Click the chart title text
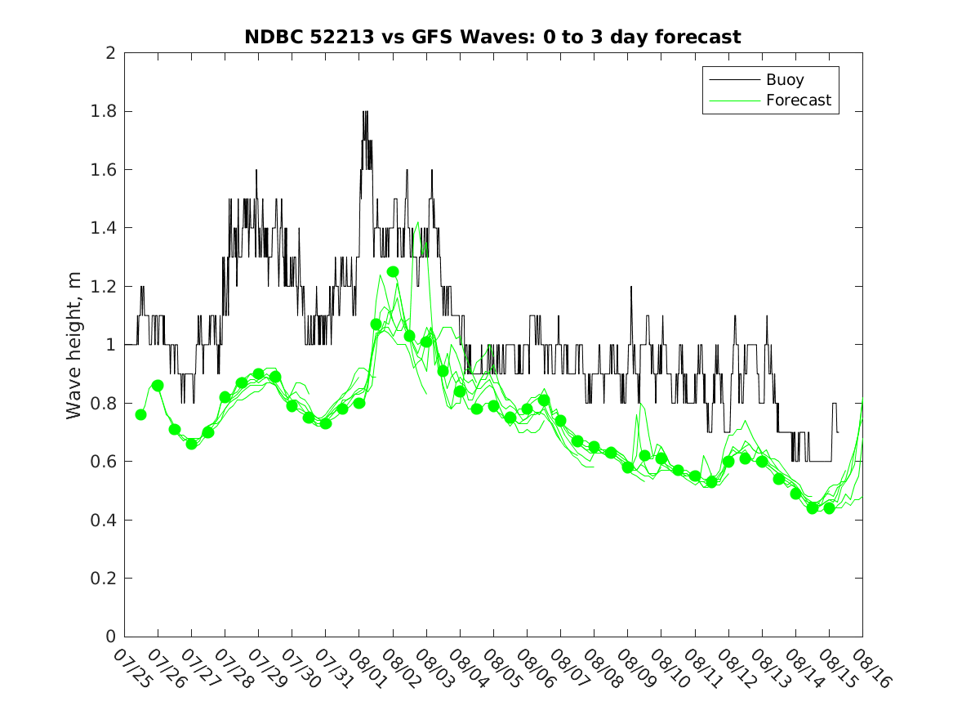(x=492, y=37)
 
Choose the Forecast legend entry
(x=798, y=101)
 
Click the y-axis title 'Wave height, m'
(x=74, y=345)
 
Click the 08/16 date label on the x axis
(x=869, y=668)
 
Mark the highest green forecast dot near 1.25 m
(x=393, y=271)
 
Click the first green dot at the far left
(x=140, y=414)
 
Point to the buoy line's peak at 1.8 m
(x=365, y=112)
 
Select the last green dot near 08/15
(x=829, y=508)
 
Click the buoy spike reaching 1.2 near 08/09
(x=630, y=288)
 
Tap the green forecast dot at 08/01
(x=359, y=403)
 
